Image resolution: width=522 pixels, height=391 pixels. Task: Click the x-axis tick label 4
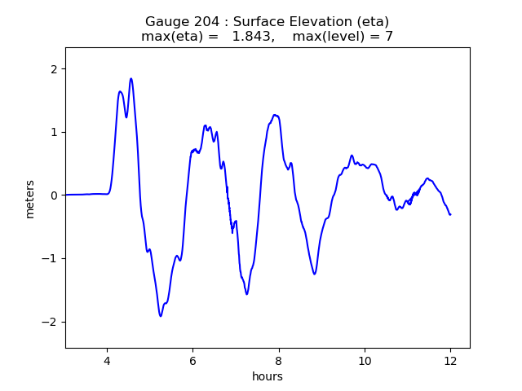[106, 360]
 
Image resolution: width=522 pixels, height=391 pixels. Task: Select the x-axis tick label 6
[192, 360]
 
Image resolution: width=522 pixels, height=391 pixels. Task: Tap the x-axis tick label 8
[279, 360]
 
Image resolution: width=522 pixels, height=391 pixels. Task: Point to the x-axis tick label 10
[365, 360]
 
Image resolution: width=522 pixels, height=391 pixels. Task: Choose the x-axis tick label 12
[450, 360]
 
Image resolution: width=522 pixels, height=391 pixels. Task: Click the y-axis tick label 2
[53, 69]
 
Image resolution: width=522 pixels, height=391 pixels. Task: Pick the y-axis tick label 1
[53, 132]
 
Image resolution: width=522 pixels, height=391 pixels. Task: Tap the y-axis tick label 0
[53, 195]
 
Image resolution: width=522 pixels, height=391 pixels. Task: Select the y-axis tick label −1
[49, 258]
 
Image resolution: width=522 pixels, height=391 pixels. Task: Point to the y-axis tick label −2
[49, 322]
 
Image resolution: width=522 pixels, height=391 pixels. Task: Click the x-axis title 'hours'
[268, 376]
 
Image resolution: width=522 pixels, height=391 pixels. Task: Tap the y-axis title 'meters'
[30, 199]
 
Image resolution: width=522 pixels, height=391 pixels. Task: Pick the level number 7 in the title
[389, 37]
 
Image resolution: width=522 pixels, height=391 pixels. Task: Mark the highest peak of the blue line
[131, 79]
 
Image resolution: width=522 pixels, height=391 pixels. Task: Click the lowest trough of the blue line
[161, 316]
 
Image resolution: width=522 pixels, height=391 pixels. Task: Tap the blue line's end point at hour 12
[450, 214]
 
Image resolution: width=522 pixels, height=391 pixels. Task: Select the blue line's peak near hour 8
[275, 115]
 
